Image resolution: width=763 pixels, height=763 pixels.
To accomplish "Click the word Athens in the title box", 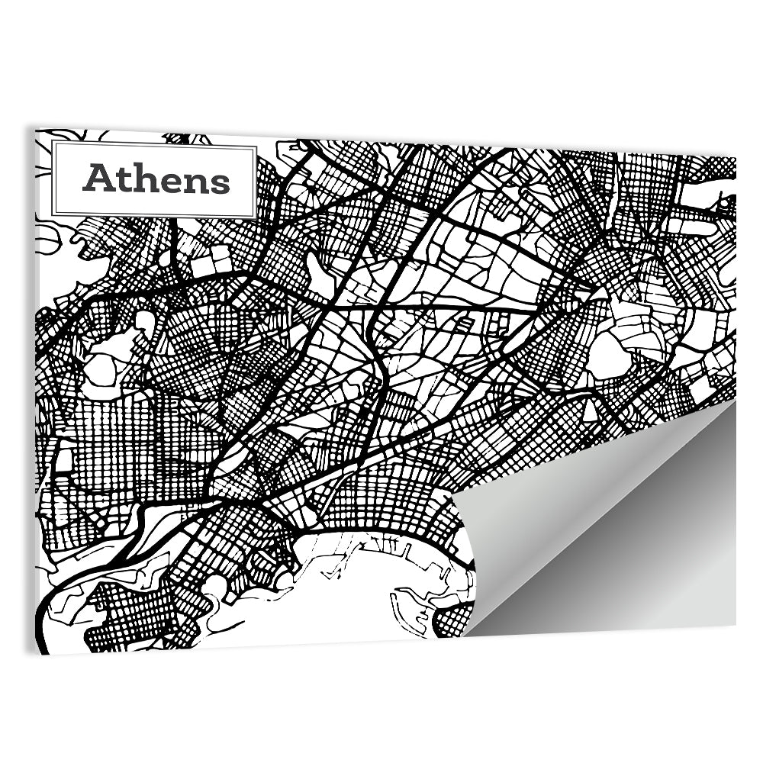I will (156, 179).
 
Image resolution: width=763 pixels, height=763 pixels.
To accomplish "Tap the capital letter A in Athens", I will (98, 179).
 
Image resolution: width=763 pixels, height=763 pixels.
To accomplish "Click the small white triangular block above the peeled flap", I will (590, 412).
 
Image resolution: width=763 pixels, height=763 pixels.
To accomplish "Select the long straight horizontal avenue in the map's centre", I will (458, 307).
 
